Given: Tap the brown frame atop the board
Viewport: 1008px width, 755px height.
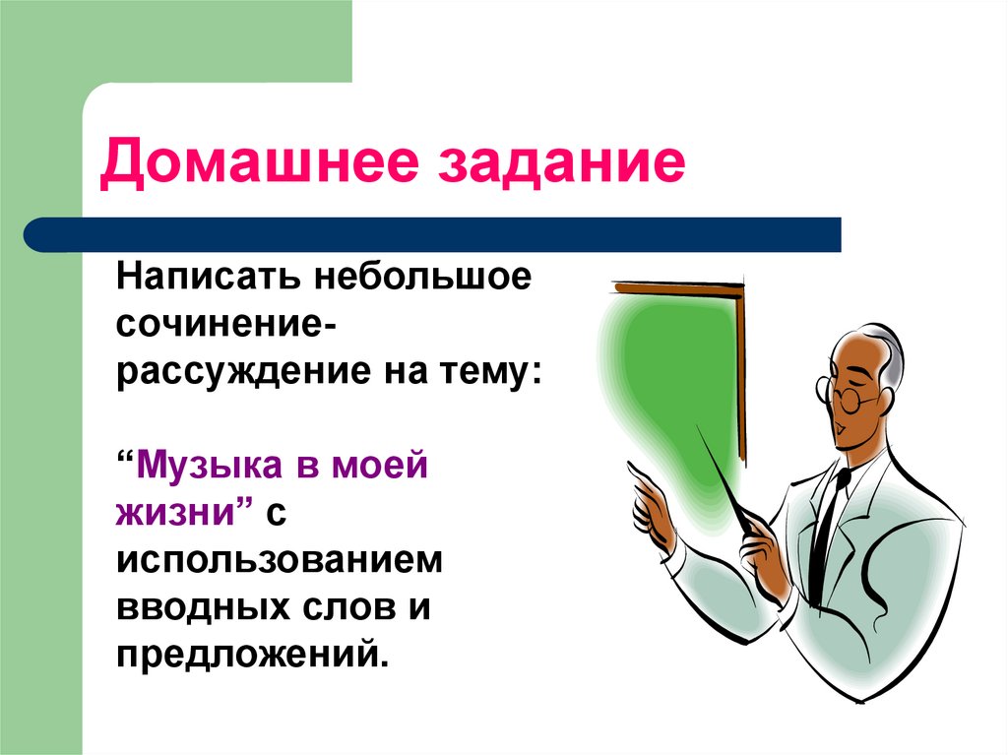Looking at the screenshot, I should click(679, 287).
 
